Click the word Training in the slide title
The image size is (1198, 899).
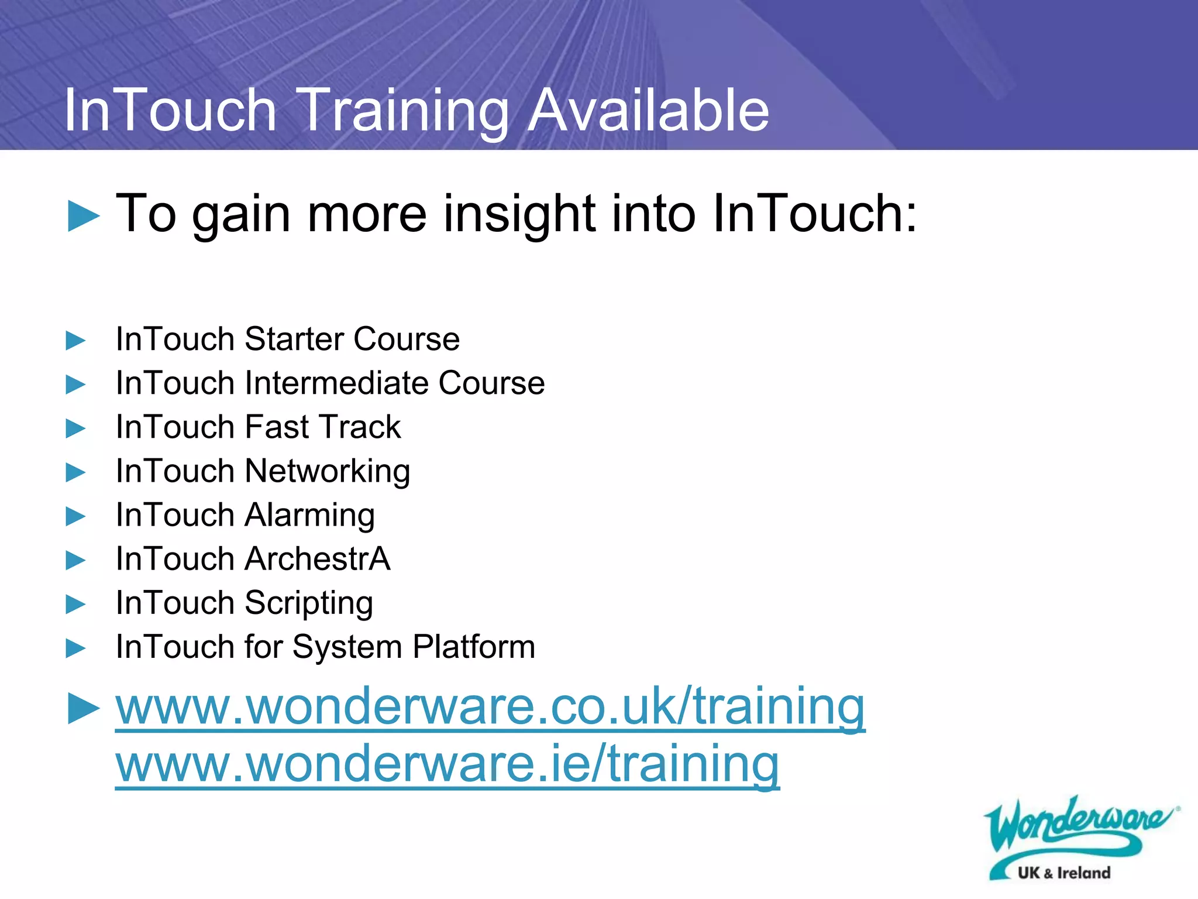coord(404,111)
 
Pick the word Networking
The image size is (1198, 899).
coord(327,472)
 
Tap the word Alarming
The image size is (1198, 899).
coord(309,516)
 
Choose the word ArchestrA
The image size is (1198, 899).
coord(317,559)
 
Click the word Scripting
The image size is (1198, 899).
coord(308,603)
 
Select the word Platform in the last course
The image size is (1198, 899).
coord(473,647)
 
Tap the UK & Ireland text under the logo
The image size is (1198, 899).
coord(1063,873)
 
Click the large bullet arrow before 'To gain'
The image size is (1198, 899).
coord(83,216)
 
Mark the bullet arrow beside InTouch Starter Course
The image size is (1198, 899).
coord(75,340)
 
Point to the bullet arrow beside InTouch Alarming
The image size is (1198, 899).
coord(75,516)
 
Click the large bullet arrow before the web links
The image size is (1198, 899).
coord(83,708)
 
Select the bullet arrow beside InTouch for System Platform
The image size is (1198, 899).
coord(75,648)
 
